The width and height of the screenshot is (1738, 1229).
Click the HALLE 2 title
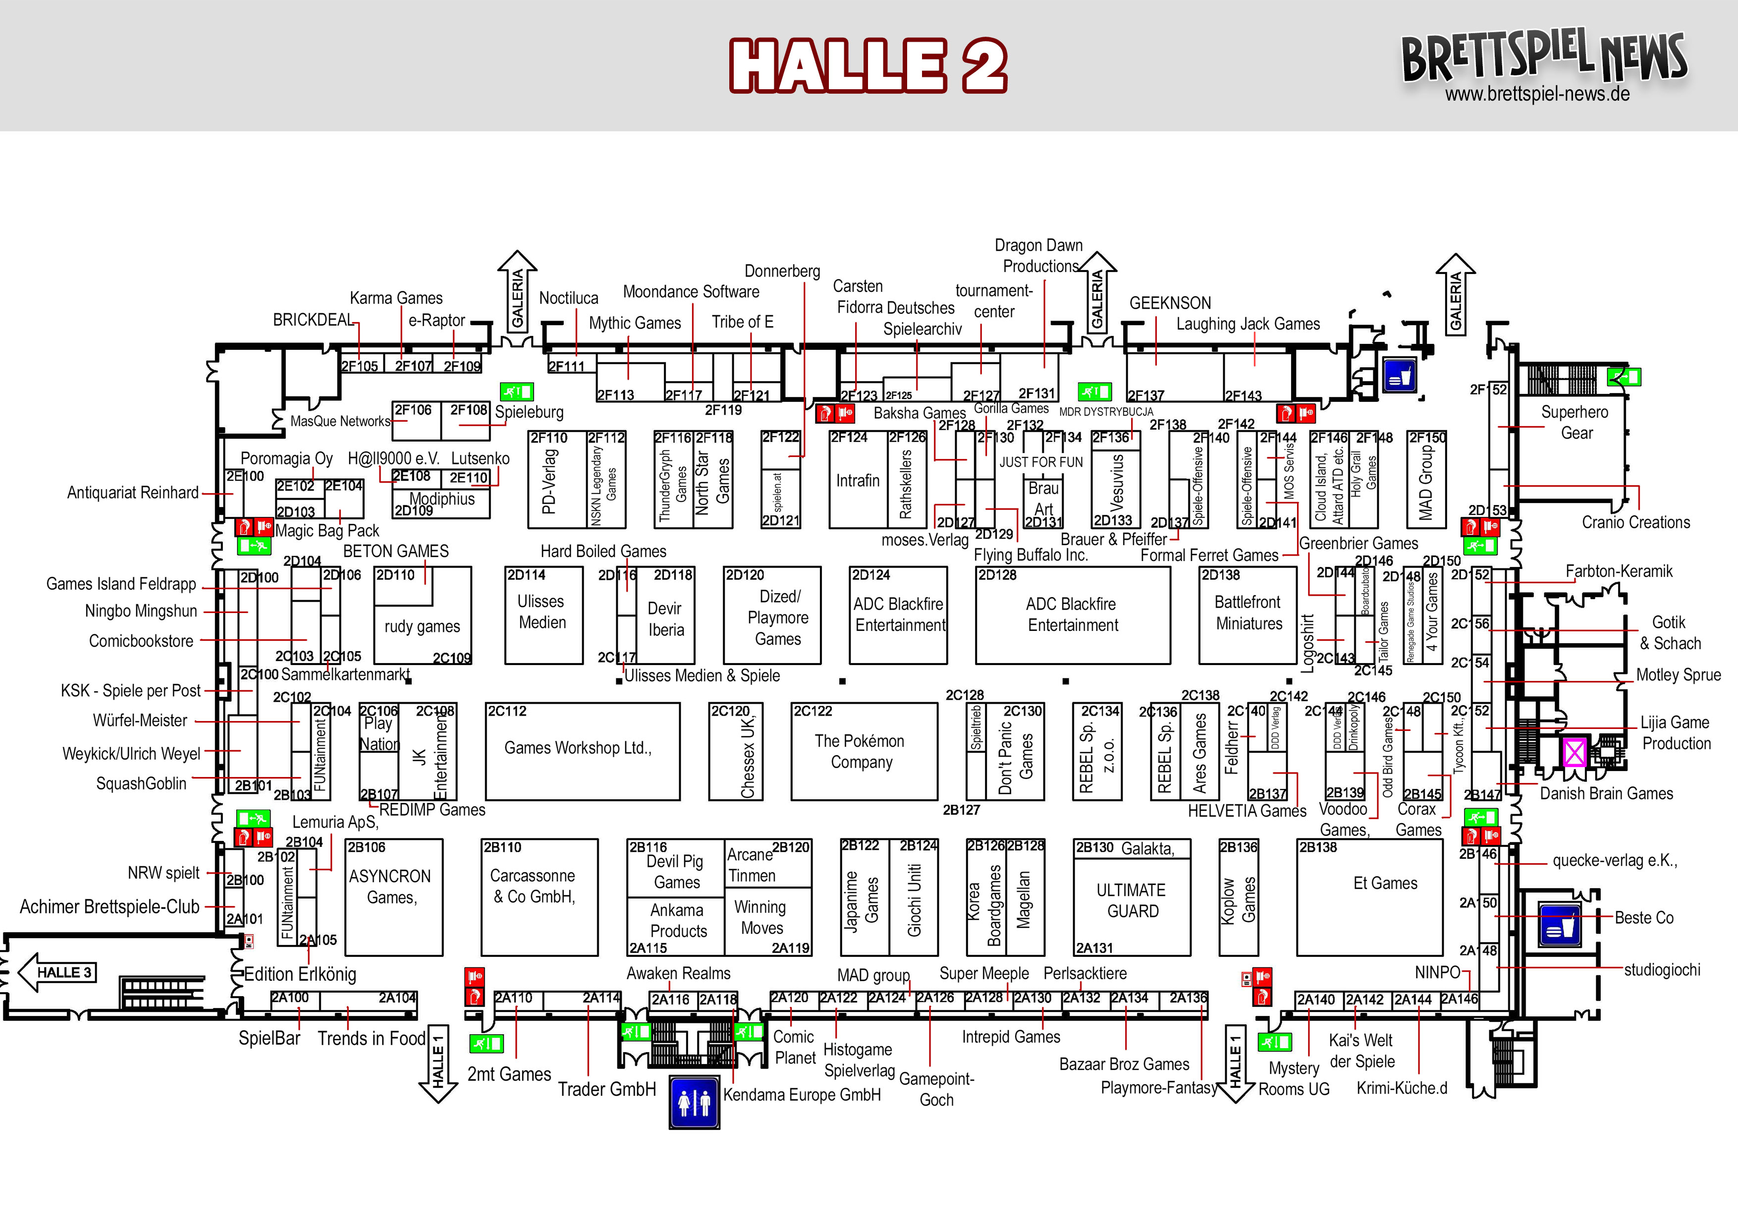pos(868,66)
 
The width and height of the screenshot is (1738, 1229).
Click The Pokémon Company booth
pos(863,751)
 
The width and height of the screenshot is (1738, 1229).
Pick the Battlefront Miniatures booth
pos(1248,614)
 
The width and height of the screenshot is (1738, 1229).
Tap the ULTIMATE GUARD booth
pos(1132,901)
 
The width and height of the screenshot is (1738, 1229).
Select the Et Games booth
pos(1384,884)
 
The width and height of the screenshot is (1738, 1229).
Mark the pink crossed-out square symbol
pos(1575,752)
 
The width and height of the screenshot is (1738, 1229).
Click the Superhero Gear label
pos(1575,423)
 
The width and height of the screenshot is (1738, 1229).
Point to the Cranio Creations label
pos(1635,522)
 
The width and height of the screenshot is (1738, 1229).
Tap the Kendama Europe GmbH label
pos(802,1095)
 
